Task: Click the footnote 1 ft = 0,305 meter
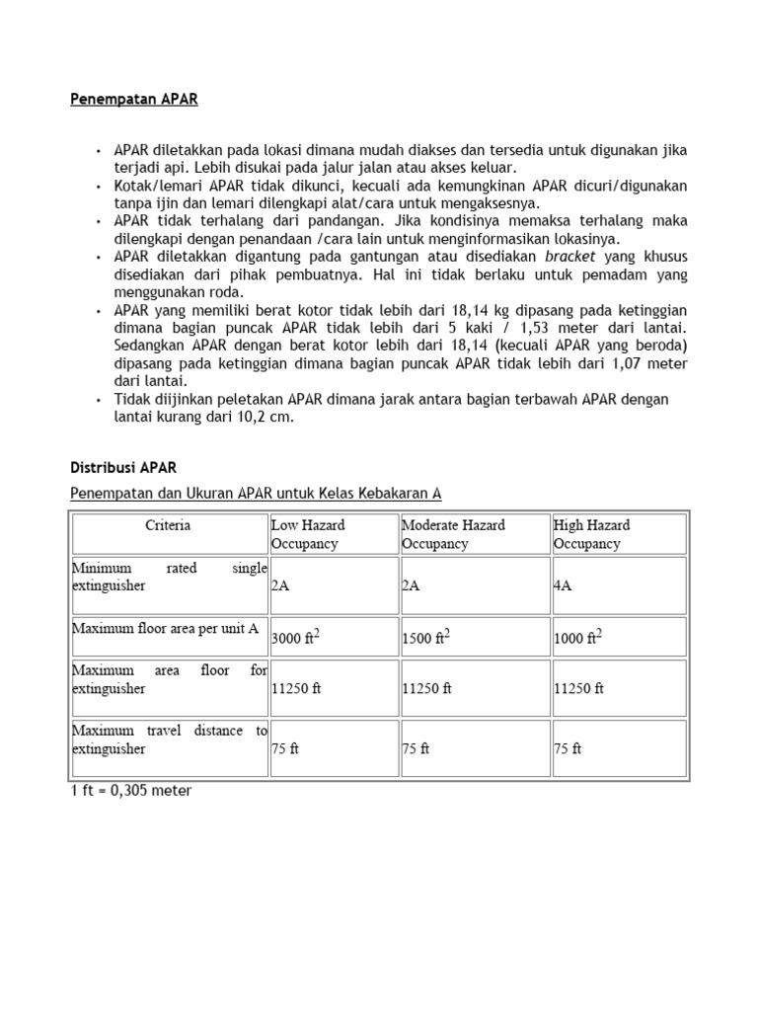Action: click(131, 791)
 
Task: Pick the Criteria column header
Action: click(168, 526)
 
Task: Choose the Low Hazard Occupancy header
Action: click(308, 534)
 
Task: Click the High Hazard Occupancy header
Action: click(591, 534)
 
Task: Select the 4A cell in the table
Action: click(564, 585)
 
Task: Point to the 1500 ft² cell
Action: click(426, 637)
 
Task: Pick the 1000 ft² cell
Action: click(577, 637)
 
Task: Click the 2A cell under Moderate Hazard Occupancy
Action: click(412, 585)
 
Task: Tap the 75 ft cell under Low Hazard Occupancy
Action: click(285, 748)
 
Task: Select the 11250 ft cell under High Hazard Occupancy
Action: click(578, 689)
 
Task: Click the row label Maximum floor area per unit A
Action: click(165, 628)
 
